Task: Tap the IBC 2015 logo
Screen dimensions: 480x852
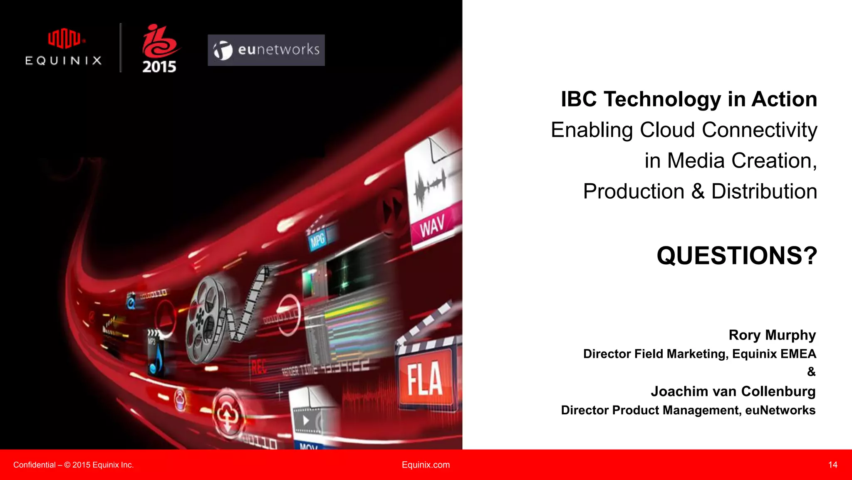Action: [160, 49]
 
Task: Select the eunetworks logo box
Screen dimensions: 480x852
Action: [266, 50]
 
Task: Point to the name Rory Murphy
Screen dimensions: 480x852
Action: [772, 335]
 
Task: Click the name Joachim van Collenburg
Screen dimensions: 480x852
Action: [733, 391]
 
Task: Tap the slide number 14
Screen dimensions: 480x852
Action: [832, 465]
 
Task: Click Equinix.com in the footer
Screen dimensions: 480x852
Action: [426, 465]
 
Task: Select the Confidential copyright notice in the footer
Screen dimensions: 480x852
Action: [73, 465]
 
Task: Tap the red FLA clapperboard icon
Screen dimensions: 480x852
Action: [425, 374]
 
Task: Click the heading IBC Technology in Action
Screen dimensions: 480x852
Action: [689, 99]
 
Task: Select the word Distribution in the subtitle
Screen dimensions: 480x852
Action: [764, 191]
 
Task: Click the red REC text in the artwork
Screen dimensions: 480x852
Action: [258, 367]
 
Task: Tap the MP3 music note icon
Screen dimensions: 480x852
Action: [156, 353]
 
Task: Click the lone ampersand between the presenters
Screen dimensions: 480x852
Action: [811, 372]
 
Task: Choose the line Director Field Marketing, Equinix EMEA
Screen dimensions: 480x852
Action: [699, 354]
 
